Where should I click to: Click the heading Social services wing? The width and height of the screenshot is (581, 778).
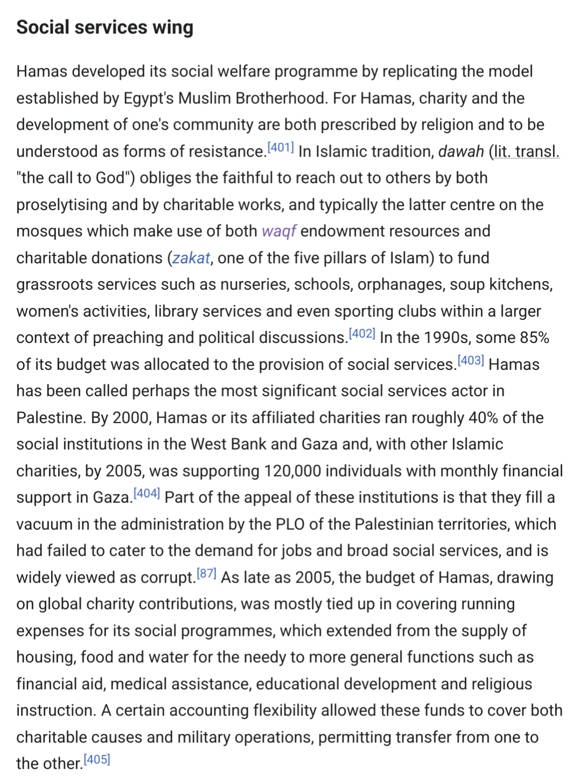tap(104, 27)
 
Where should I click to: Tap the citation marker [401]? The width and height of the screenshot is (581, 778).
tap(281, 148)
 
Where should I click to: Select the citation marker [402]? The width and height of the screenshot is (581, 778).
tap(362, 334)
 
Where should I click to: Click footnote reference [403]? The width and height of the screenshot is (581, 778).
tap(471, 361)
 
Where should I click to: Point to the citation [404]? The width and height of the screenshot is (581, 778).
tap(146, 493)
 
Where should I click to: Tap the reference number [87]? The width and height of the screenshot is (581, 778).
tap(207, 573)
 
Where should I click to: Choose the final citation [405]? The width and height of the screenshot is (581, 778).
tap(97, 760)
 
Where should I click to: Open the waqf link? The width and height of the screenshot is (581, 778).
tap(279, 231)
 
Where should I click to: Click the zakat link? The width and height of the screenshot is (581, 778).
tap(191, 258)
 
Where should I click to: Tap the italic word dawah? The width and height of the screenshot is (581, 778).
tap(461, 151)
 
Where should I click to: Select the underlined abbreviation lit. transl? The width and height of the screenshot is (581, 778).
tap(527, 151)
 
